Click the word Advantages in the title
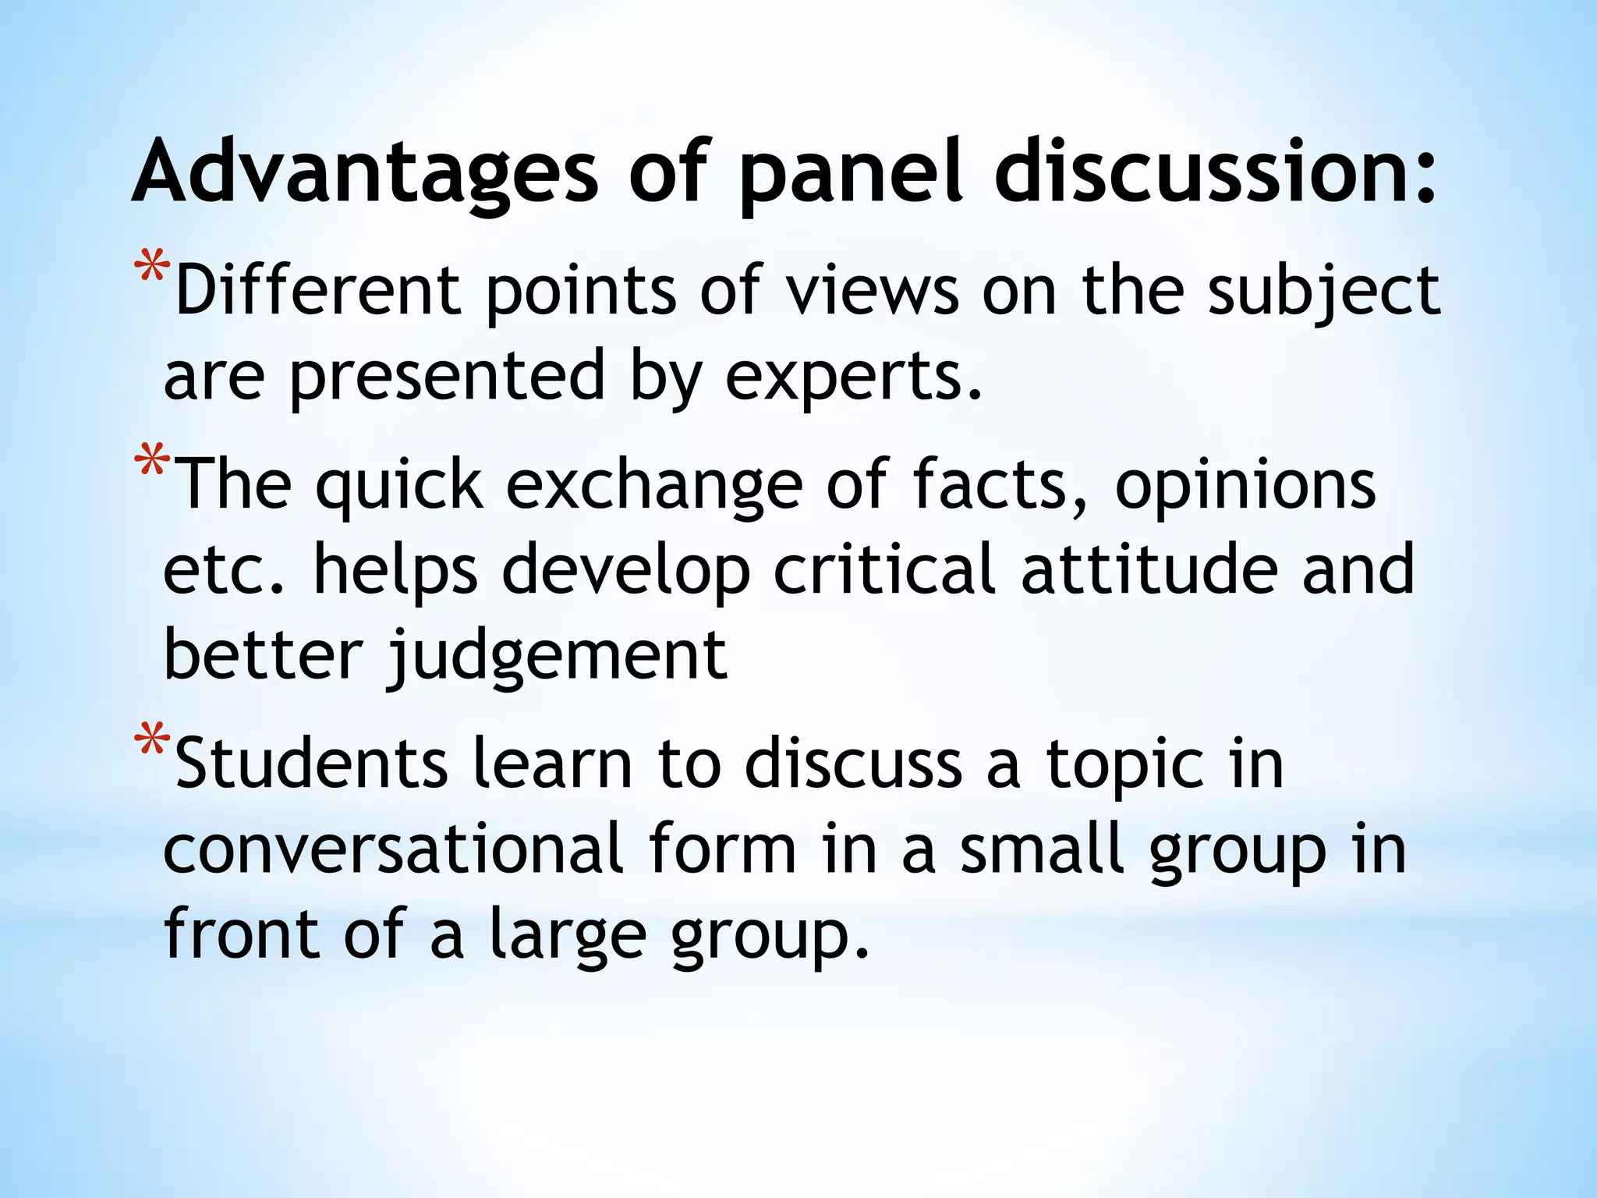[x=365, y=172]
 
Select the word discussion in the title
[x=1214, y=172]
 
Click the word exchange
[x=654, y=487]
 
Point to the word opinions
[x=1245, y=487]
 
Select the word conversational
[x=393, y=850]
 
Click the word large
[x=568, y=936]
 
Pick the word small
[x=1043, y=850]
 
